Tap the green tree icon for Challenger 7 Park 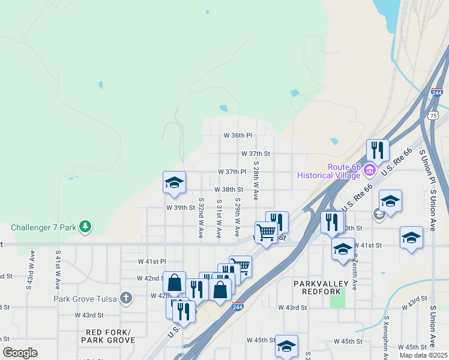click(86, 226)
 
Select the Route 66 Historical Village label click(330, 171)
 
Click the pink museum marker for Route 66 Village click(369, 171)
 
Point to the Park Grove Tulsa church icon click(125, 298)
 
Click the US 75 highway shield click(433, 115)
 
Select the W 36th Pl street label click(238, 136)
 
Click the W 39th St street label click(181, 208)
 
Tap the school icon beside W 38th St click(174, 182)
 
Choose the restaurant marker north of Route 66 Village click(378, 150)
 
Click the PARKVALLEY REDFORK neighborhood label click(321, 287)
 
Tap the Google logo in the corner click(20, 353)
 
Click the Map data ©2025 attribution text click(424, 355)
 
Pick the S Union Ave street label click(433, 210)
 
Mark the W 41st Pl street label click(151, 262)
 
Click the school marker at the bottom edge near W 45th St click(286, 346)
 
